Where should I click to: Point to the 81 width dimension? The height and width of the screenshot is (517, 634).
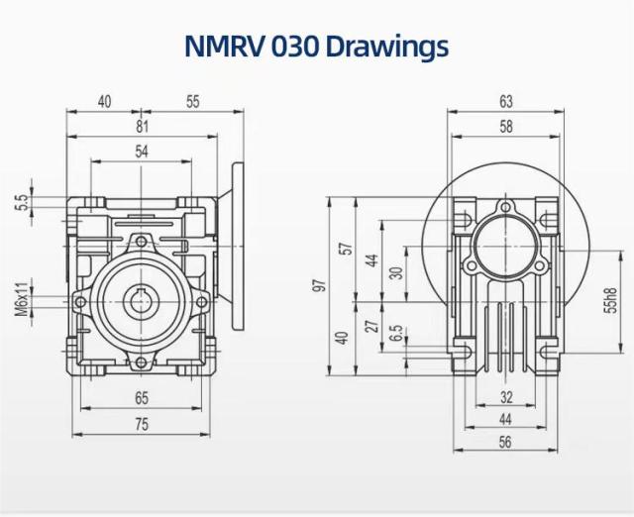point(141,126)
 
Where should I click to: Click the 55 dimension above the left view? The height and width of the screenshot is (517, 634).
point(192,101)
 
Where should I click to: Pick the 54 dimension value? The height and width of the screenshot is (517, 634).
point(142,152)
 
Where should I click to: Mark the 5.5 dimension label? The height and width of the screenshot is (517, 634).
point(21,203)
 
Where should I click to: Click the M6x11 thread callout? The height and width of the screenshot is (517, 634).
point(21,299)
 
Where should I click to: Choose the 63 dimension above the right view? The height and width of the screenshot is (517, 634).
point(506,101)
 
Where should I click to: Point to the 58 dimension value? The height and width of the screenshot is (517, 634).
point(506,126)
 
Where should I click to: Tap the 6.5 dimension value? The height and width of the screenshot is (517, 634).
point(396,334)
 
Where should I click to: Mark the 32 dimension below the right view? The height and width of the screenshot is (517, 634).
point(506,398)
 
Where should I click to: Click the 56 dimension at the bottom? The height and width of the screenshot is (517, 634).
point(506,444)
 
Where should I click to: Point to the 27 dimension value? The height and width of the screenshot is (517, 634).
point(370,325)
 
